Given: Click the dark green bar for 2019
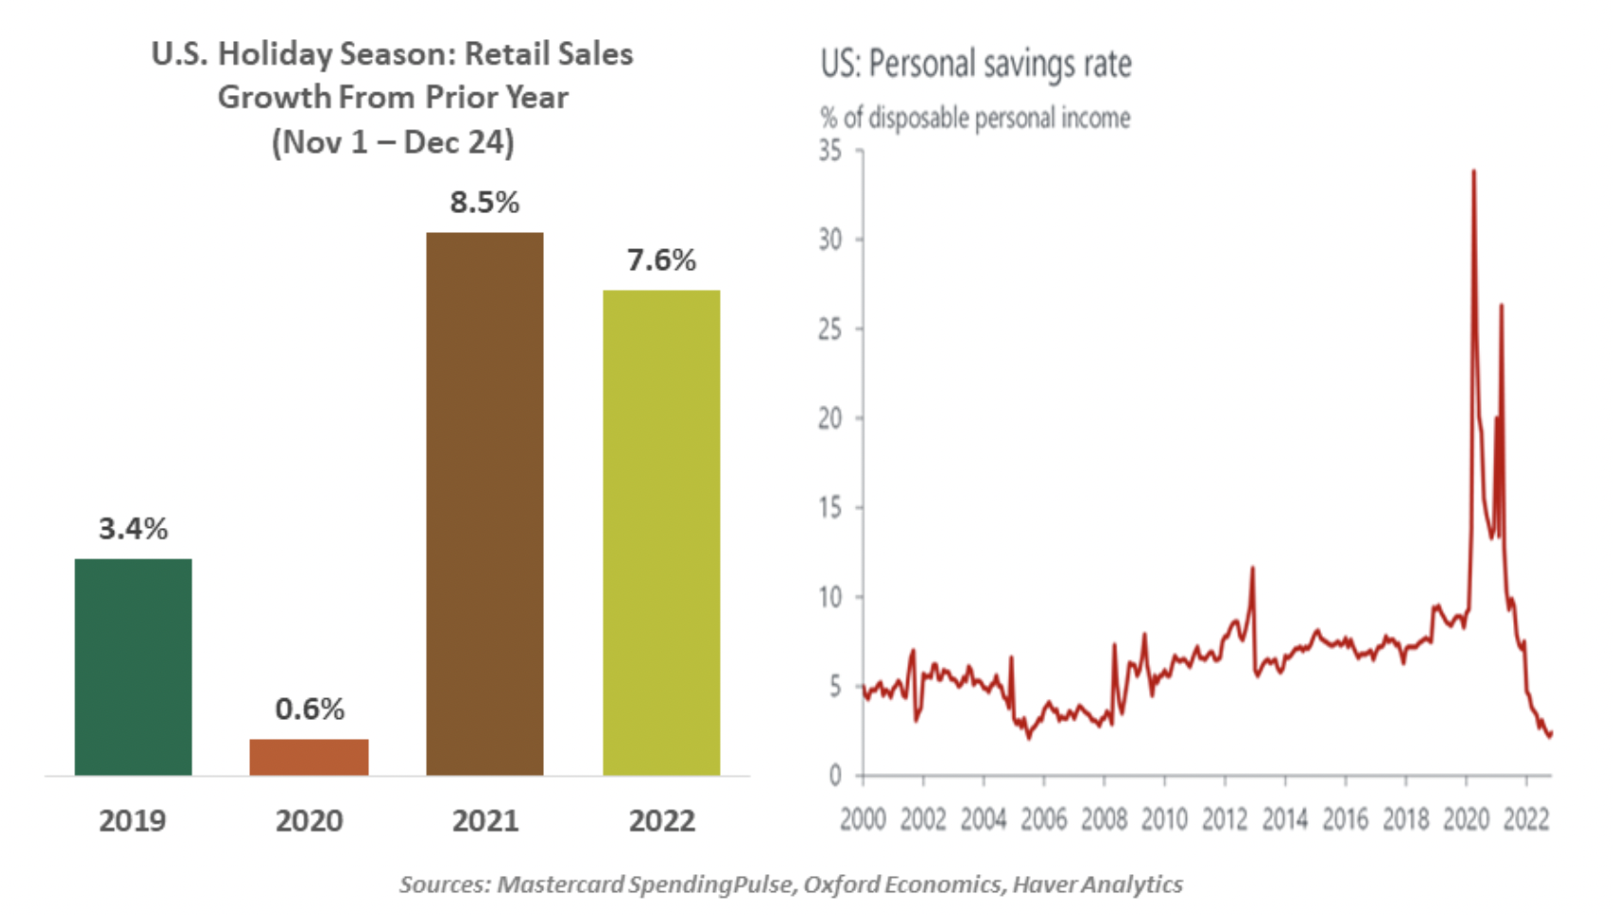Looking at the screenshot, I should pos(133,667).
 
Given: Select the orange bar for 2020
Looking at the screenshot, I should pos(309,757).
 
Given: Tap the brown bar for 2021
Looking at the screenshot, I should pos(485,504).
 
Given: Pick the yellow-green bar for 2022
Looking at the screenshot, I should pos(661,533).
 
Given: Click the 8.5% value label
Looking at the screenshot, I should pos(485,203).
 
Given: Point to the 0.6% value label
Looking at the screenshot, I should pos(309,710).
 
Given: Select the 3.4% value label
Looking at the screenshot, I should pos(133,529).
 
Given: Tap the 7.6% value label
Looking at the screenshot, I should pos(661,261).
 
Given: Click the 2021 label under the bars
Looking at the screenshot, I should pos(485,821).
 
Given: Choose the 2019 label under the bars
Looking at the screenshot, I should pos(132,821).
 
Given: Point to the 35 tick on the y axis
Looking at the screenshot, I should pos(830,150).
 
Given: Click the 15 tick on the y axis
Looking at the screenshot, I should pos(830,508).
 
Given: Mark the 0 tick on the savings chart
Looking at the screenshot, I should pos(835,776).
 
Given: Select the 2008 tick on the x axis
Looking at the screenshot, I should pos(1103,819).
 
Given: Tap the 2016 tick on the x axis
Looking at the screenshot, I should pos(1345,819).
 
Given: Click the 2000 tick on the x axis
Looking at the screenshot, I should pos(863,819).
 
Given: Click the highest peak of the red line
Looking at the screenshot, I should pos(1473,171).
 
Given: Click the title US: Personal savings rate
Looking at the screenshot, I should pos(976,64).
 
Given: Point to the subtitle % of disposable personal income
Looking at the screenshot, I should pos(975,118).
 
